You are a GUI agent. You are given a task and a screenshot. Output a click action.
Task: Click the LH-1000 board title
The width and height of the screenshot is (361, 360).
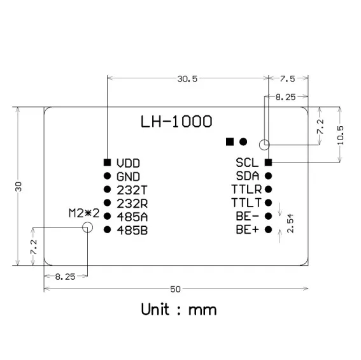[x=176, y=121]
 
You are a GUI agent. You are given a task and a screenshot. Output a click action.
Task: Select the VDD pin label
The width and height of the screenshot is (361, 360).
[x=129, y=163]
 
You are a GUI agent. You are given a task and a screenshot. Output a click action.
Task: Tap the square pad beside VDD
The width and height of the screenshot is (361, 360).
[x=107, y=162]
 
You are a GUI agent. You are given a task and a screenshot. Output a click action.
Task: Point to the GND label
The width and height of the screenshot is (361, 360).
[x=129, y=176]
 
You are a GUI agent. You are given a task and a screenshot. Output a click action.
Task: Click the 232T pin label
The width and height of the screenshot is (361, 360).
[x=132, y=190]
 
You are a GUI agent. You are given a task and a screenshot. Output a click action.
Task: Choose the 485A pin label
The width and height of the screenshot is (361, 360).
[x=132, y=216]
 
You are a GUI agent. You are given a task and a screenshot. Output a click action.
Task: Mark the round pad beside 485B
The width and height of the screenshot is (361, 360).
[x=107, y=229]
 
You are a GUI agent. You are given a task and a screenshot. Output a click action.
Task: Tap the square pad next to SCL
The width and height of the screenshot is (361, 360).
[x=268, y=162]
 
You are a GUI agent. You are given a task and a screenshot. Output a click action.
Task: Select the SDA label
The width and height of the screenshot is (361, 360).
[x=247, y=176]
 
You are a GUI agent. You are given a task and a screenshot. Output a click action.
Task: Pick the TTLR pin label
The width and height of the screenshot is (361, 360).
[x=246, y=189]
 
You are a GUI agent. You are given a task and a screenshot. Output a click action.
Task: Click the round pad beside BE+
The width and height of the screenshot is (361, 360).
[x=268, y=229]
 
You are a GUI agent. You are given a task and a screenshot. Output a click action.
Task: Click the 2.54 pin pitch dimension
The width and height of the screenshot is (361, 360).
[x=290, y=223]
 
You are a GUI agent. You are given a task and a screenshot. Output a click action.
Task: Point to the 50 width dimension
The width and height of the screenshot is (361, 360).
[x=176, y=290]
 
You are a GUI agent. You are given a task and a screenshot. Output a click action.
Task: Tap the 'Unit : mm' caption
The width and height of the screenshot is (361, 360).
[x=179, y=310]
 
